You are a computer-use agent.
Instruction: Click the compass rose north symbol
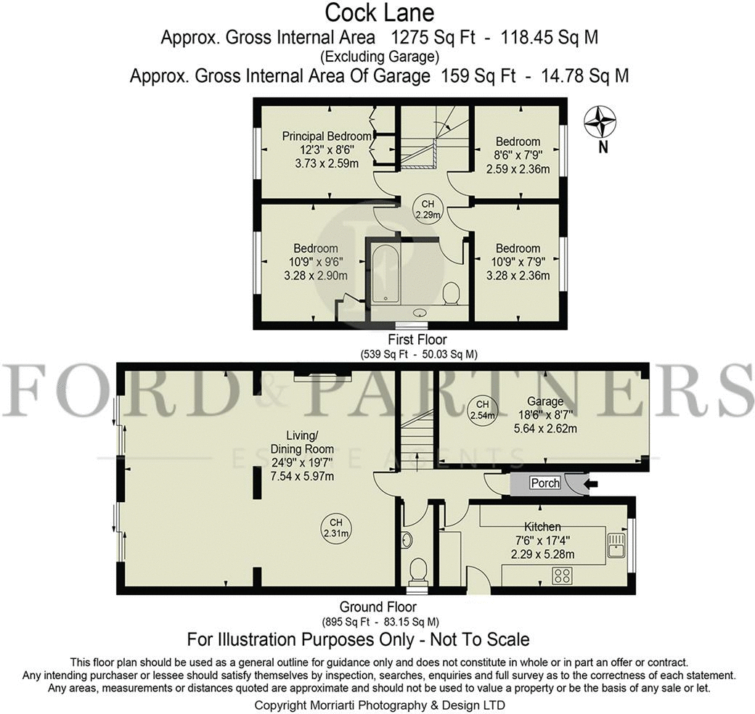(600, 122)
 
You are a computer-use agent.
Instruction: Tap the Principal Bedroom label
(327, 136)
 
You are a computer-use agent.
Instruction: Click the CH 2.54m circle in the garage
(481, 411)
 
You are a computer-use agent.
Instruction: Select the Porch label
(545, 483)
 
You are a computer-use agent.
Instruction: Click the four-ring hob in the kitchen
(562, 576)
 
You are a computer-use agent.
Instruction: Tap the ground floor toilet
(418, 569)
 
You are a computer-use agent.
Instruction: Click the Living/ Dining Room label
(302, 442)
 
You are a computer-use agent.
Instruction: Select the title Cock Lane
(379, 13)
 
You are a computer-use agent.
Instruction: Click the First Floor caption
(418, 339)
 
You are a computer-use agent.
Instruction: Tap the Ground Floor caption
(377, 607)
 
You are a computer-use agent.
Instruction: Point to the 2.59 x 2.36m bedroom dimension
(518, 168)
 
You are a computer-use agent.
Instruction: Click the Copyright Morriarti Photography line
(379, 705)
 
